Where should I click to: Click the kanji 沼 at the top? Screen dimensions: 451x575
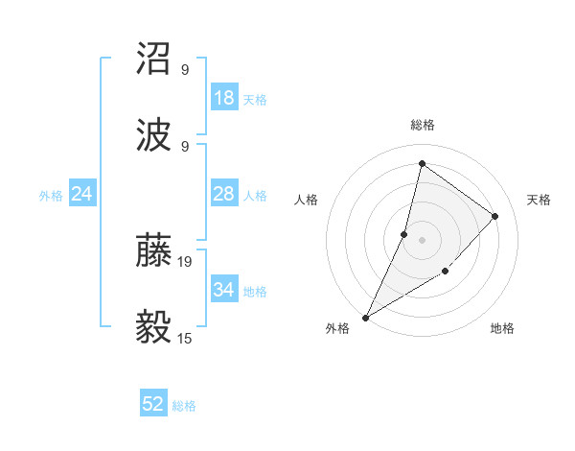pos(155,59)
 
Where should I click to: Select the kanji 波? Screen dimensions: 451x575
pos(155,134)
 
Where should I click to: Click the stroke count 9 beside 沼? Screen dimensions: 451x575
pos(185,69)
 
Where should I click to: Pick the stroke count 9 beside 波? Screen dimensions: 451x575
pos(185,146)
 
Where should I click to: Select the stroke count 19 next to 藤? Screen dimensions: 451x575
pos(186,261)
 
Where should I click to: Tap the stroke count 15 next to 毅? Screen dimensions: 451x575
pos(186,338)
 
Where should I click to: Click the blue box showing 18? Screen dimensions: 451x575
pos(224,98)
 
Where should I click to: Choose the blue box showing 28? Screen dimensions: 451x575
pos(224,194)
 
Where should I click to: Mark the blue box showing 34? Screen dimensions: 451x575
pos(224,290)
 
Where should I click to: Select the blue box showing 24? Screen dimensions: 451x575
pos(82,194)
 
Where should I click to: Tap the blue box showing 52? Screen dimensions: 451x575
pos(153,404)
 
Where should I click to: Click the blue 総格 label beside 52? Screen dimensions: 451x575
pos(184,406)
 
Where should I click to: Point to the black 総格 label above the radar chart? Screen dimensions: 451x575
pos(422,125)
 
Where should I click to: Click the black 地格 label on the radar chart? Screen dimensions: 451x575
pos(502,328)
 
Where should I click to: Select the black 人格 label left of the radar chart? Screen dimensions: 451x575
pos(306,200)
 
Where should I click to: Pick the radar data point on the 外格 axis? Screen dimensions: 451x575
pos(365,317)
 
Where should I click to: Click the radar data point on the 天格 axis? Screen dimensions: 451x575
pos(495,216)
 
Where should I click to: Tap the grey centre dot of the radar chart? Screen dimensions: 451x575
pos(422,239)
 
